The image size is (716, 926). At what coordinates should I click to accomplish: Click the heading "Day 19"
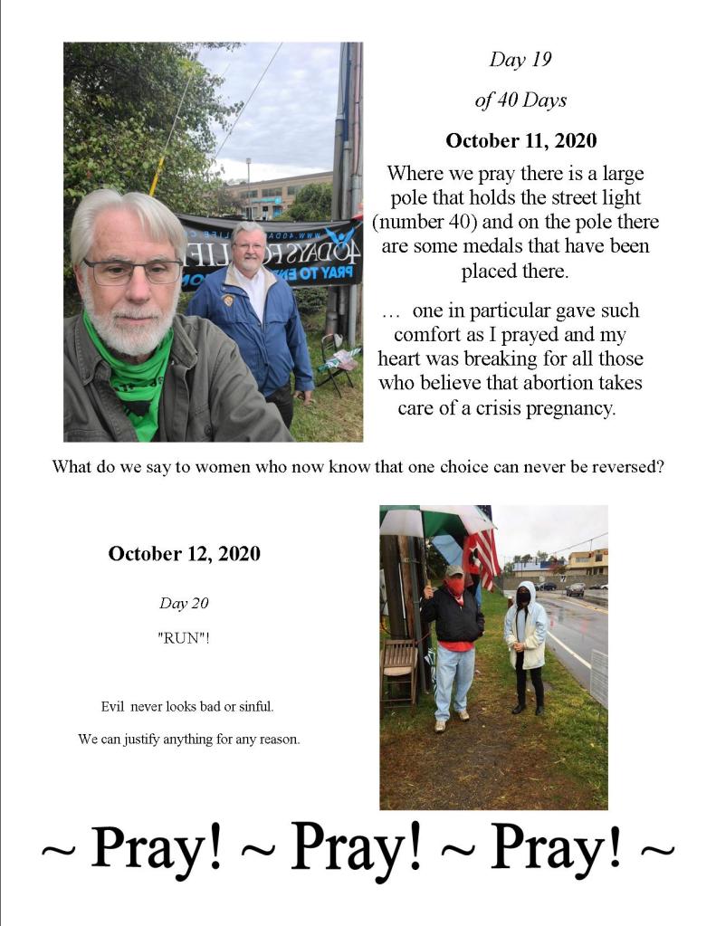520,60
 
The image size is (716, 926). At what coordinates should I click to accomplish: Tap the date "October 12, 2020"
184,553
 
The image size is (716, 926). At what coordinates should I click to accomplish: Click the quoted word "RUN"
184,636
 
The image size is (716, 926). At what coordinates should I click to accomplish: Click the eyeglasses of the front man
132,270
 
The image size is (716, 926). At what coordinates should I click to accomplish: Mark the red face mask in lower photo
455,587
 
